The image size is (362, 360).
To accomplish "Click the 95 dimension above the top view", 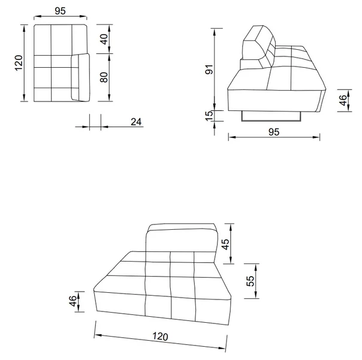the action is [60, 11].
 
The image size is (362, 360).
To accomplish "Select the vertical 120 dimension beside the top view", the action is [19, 63].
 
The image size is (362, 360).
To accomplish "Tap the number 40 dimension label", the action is [104, 39].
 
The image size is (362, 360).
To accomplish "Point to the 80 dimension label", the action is [104, 77].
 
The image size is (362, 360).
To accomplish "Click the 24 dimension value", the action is [136, 122].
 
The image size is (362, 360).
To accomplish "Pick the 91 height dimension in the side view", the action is [209, 70].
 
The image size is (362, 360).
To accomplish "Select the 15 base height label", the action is [209, 116].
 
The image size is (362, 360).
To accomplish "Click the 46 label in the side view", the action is [343, 100].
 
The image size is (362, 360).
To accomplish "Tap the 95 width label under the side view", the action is [274, 132].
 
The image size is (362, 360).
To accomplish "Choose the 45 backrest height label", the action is [225, 244].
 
